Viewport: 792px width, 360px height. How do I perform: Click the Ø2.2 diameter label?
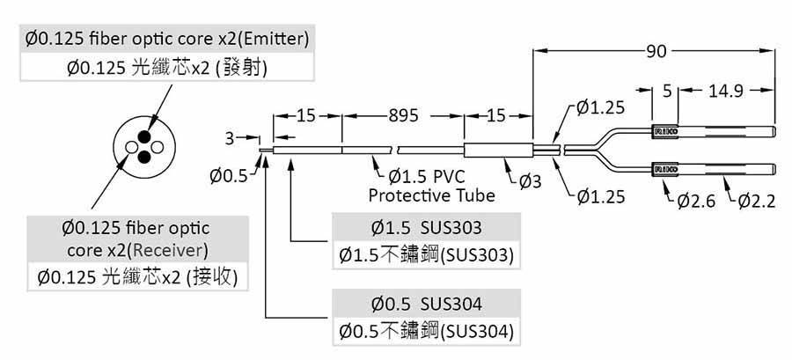click(756, 202)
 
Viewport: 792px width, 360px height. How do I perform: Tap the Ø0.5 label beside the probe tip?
click(230, 175)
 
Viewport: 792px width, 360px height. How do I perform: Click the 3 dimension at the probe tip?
click(230, 138)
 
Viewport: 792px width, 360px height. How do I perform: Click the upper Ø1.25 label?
click(601, 108)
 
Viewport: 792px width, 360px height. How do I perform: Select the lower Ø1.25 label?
click(601, 195)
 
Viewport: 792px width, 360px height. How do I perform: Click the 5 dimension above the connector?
click(666, 91)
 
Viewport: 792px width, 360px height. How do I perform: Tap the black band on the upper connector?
click(664, 132)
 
